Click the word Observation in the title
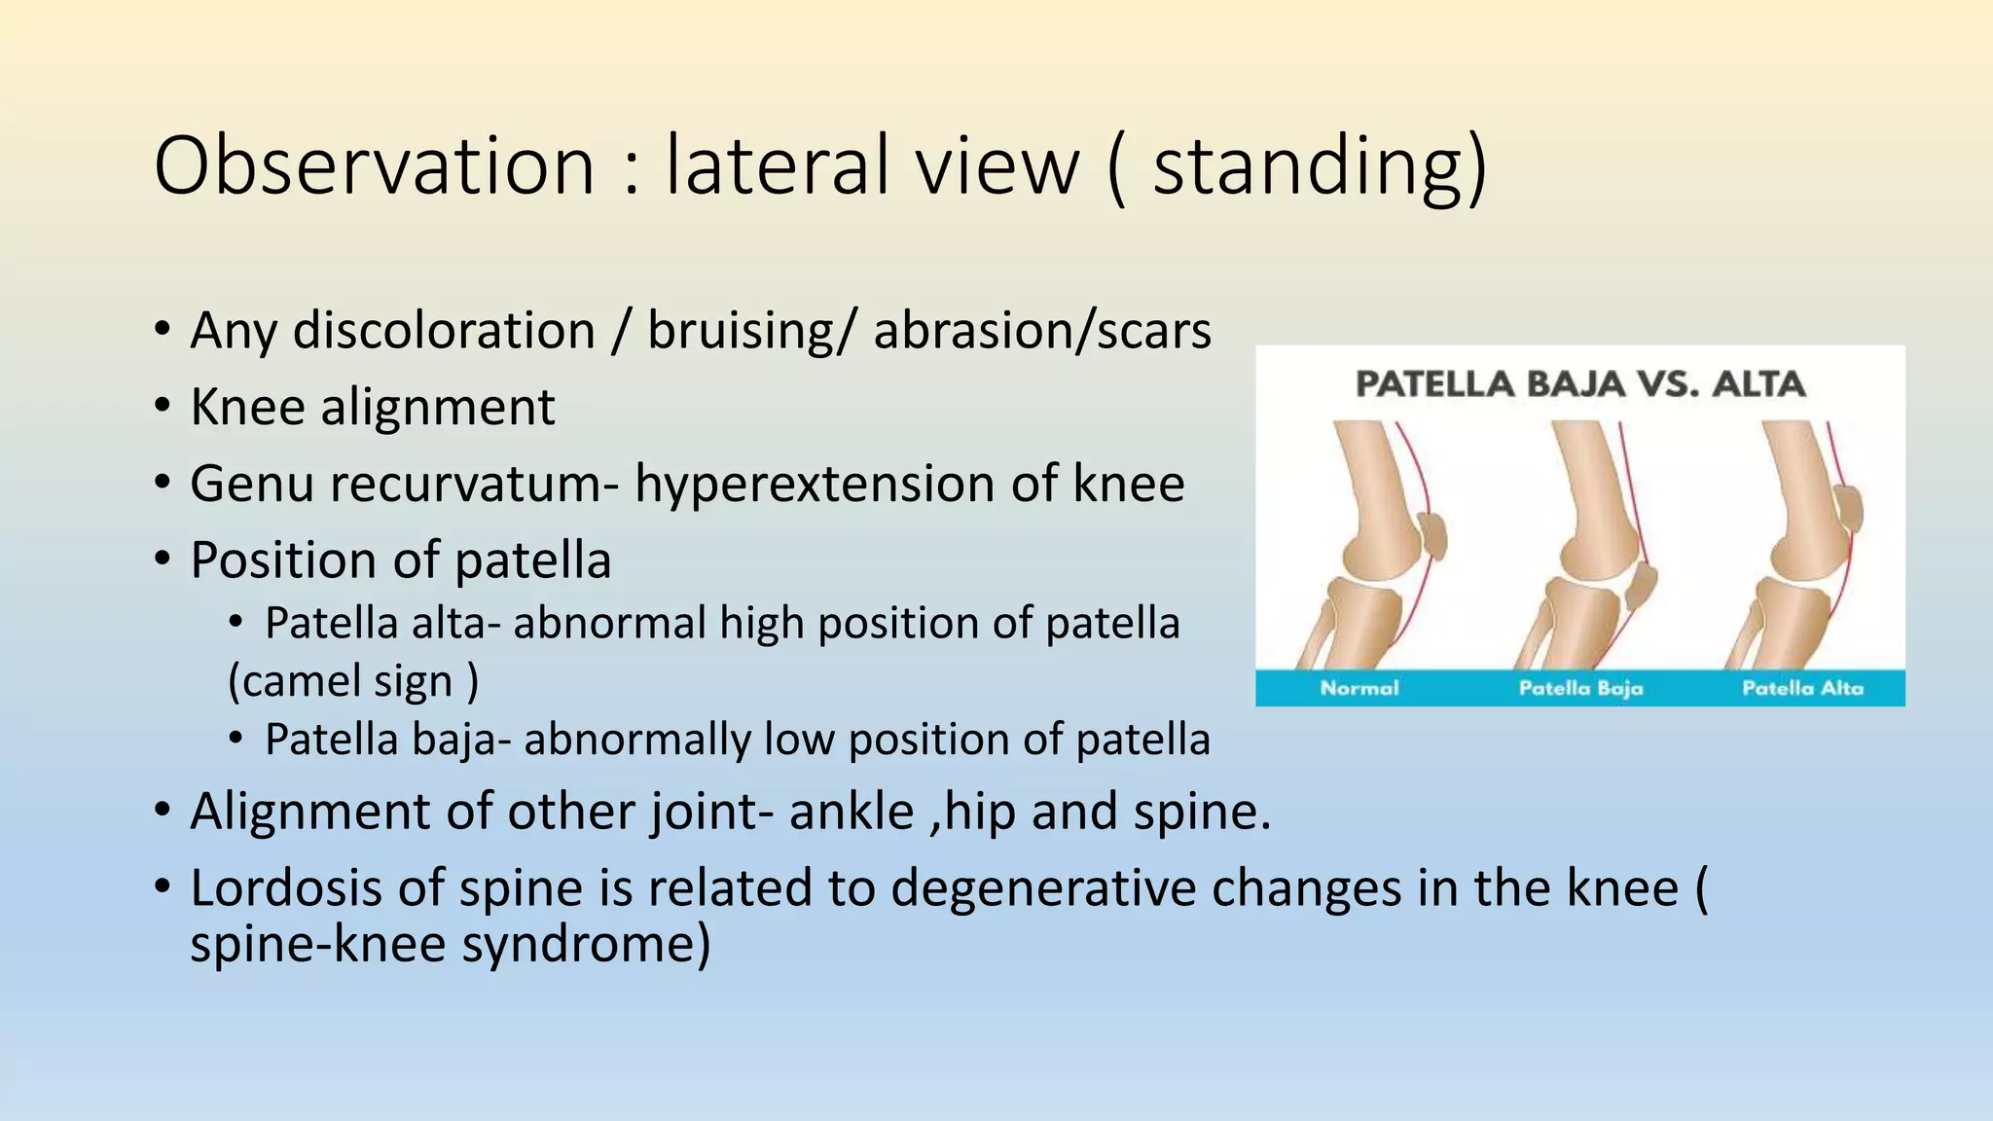point(374,165)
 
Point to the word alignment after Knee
point(438,407)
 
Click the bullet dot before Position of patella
point(163,560)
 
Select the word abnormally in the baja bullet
point(636,740)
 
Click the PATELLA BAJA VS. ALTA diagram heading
point(1579,384)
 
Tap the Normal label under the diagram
point(1359,688)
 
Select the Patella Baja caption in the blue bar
point(1580,688)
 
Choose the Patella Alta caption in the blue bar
point(1802,688)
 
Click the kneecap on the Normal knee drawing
point(1432,536)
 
